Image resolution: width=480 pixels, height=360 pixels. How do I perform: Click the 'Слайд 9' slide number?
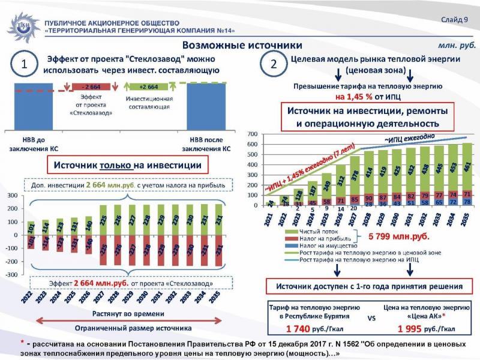point(456,20)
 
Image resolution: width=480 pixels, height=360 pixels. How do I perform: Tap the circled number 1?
point(25,65)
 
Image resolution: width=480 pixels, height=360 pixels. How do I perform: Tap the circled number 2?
point(273,65)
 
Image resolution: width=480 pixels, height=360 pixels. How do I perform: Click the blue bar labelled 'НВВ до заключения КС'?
point(33,105)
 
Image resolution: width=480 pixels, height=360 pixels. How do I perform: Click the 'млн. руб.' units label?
point(457,46)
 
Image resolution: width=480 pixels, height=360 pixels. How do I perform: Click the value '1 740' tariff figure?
point(301,329)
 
